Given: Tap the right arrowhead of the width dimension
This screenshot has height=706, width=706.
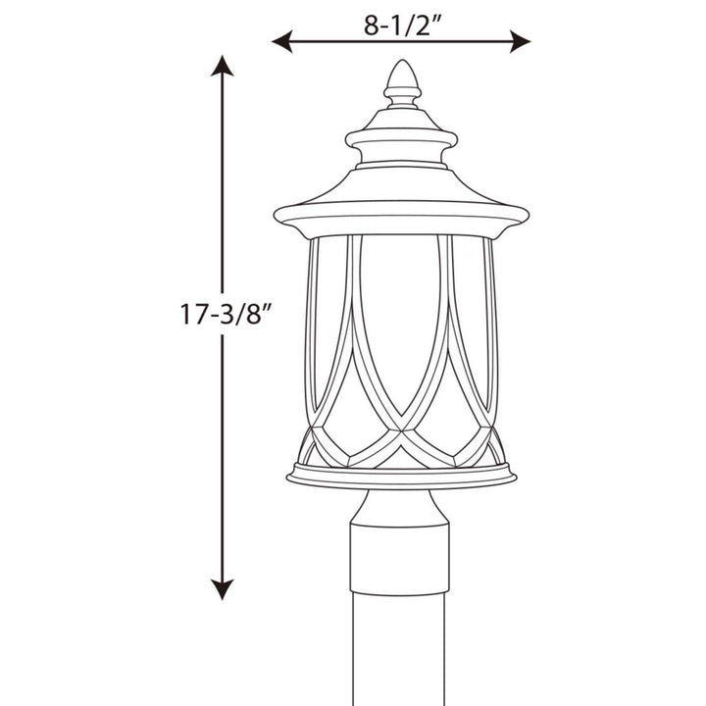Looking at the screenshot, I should point(522,41).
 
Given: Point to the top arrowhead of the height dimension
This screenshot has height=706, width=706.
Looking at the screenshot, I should point(224,68).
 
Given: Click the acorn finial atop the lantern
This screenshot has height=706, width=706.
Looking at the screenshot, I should point(400,77).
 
